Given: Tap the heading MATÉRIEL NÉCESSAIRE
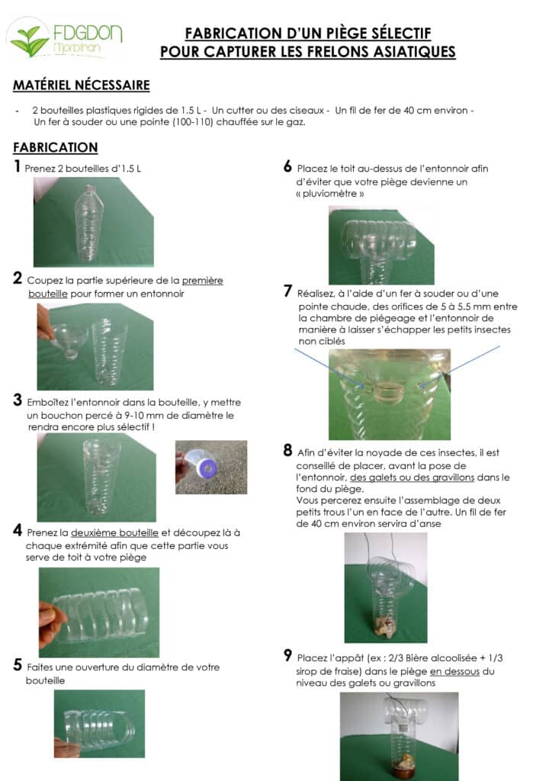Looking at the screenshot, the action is coord(81,85).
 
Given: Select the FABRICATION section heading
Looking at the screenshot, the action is coord(56,147).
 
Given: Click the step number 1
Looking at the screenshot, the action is coord(18,166).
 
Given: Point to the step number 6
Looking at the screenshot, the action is coord(287,166).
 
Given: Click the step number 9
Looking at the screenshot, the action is coord(287,655).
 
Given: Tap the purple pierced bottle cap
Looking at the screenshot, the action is coord(206,468).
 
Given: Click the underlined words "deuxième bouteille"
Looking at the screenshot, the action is coord(114,532).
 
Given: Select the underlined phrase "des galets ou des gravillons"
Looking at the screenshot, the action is coord(412,477).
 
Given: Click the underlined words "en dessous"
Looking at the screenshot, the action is coord(454,671).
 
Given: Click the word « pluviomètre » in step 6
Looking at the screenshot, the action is coord(329,194).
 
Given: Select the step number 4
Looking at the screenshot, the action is coord(18,530).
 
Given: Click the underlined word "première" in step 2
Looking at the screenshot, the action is coord(202,281).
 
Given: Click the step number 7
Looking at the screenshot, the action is coord(287,291).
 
